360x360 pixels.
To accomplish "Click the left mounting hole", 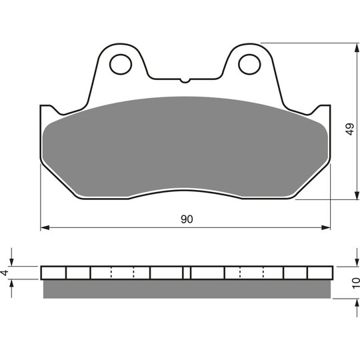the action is pyautogui.click(x=121, y=64).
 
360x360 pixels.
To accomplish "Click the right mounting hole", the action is pyautogui.click(x=249, y=64).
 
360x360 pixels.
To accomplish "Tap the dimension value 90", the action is pyautogui.click(x=187, y=219).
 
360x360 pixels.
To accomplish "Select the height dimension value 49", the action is pyautogui.click(x=350, y=129).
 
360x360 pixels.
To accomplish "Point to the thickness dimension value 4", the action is pyautogui.click(x=5, y=273).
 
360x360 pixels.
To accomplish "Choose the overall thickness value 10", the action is pyautogui.click(x=355, y=283).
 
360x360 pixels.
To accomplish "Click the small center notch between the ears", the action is pyautogui.click(x=185, y=81).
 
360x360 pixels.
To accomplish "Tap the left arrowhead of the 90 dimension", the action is pyautogui.click(x=45, y=227).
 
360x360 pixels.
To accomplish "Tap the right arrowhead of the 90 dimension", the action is pyautogui.click(x=326, y=227).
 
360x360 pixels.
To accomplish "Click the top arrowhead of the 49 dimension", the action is pyautogui.click(x=357, y=48).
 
